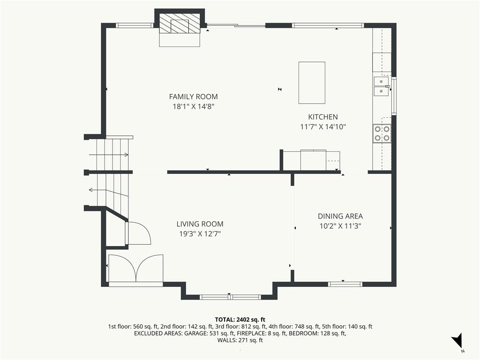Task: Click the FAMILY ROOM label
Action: coord(194,97)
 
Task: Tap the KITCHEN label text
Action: coord(323,117)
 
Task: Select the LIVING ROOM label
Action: coord(200,224)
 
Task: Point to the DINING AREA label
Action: coord(340,217)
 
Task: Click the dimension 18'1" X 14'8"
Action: coord(193,107)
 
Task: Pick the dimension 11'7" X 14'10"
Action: coord(323,127)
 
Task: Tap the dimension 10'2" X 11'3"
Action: coord(340,226)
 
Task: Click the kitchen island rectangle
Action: coord(312,82)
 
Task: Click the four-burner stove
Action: coord(382,134)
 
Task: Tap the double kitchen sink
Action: coord(381,86)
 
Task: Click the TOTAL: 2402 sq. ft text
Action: coord(240,320)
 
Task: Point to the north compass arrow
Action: coord(457,340)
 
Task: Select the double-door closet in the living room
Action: coord(136,268)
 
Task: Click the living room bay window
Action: coord(230,297)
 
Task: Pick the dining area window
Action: coord(345,284)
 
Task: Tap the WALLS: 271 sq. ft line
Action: coord(240,340)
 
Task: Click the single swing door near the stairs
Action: coord(138,233)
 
